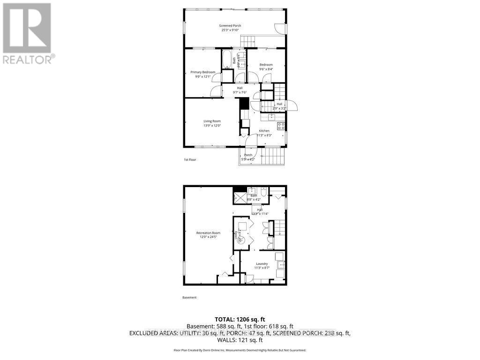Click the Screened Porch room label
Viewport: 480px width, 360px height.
[230, 25]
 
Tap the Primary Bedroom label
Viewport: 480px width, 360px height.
[202, 72]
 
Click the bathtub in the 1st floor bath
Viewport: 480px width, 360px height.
[226, 60]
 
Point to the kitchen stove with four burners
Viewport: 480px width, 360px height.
[281, 126]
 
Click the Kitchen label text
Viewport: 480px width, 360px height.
[264, 131]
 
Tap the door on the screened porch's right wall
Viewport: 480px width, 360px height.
[280, 29]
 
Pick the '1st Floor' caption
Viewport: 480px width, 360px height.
[189, 160]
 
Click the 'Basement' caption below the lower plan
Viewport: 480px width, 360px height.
[189, 298]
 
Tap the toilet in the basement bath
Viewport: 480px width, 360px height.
[263, 192]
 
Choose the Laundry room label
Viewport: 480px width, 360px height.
[262, 264]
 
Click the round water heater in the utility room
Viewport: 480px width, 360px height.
[241, 239]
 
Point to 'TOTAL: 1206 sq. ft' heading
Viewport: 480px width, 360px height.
[240, 319]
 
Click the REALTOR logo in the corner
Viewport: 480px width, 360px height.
[28, 33]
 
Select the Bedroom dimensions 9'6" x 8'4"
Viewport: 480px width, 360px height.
[266, 69]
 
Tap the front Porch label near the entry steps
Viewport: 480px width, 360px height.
[248, 155]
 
